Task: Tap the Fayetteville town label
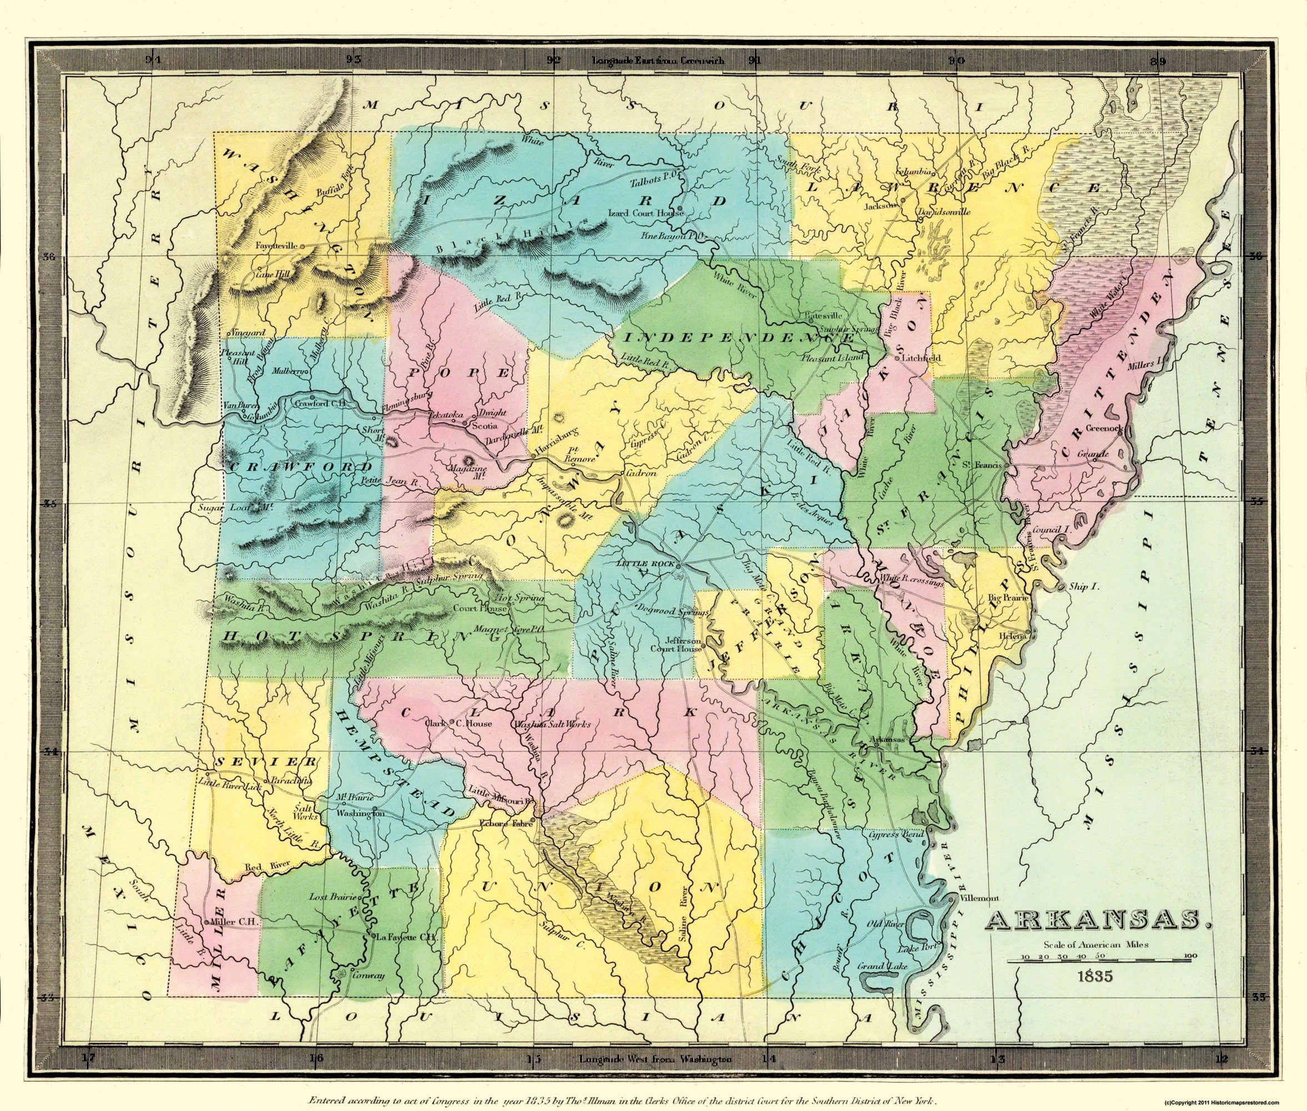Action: click(x=278, y=246)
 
